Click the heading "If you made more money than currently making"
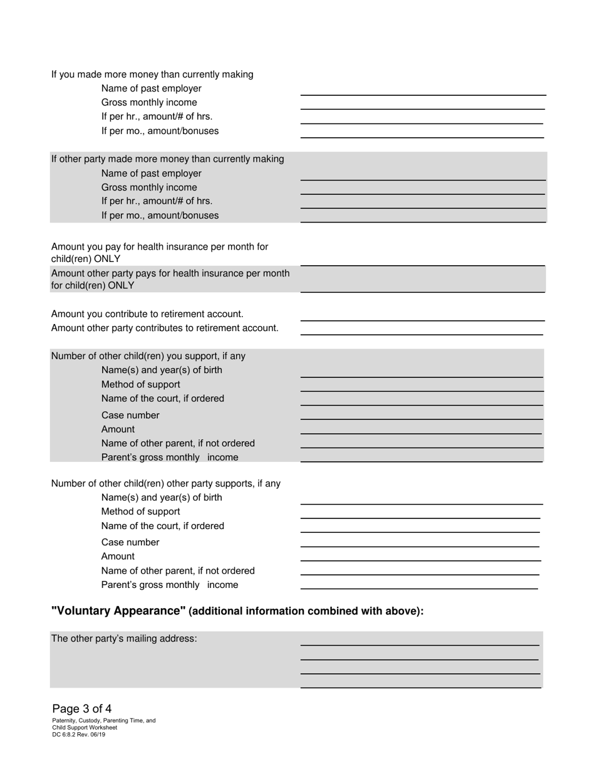(x=152, y=75)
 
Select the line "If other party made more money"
(x=167, y=159)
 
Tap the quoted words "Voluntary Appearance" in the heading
(x=118, y=611)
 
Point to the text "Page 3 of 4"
(x=82, y=709)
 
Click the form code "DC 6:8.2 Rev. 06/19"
(x=79, y=734)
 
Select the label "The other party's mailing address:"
(x=124, y=639)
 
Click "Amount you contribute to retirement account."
(x=147, y=314)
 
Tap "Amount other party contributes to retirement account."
(x=165, y=328)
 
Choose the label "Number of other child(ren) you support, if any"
(x=148, y=356)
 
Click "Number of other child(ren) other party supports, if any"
(x=166, y=484)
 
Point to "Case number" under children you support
(x=130, y=416)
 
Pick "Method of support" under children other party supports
(x=140, y=511)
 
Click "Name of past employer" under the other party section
(x=152, y=174)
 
